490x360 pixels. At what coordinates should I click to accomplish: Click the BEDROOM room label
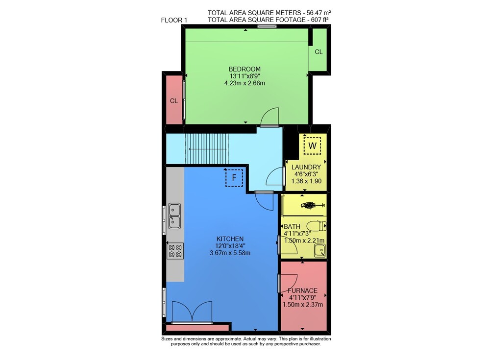pyautogui.click(x=245, y=69)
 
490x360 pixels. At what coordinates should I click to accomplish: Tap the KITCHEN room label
pyautogui.click(x=230, y=239)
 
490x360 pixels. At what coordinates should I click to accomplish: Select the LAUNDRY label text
pyautogui.click(x=306, y=167)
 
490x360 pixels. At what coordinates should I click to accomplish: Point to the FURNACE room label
pyautogui.click(x=302, y=290)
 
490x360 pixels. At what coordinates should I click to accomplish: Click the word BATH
pyautogui.click(x=292, y=227)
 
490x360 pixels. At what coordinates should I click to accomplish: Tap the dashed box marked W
pyautogui.click(x=312, y=145)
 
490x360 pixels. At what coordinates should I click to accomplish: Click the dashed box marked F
pyautogui.click(x=234, y=178)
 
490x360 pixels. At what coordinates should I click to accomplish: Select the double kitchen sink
pyautogui.click(x=174, y=216)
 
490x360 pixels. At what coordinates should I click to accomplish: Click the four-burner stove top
pyautogui.click(x=175, y=251)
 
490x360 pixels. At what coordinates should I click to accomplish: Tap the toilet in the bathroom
pyautogui.click(x=317, y=225)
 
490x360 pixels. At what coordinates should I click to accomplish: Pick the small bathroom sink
pyautogui.click(x=319, y=251)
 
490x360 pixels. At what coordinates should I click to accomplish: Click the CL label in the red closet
pyautogui.click(x=174, y=101)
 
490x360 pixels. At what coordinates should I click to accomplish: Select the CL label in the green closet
pyautogui.click(x=318, y=52)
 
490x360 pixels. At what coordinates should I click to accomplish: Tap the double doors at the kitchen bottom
pyautogui.click(x=192, y=312)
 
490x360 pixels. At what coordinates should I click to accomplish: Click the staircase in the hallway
pyautogui.click(x=207, y=149)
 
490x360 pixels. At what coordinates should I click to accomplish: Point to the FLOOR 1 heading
pyautogui.click(x=174, y=20)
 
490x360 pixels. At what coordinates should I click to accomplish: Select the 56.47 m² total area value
pyautogui.click(x=318, y=13)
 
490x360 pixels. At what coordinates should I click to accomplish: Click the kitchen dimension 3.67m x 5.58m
pyautogui.click(x=230, y=253)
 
